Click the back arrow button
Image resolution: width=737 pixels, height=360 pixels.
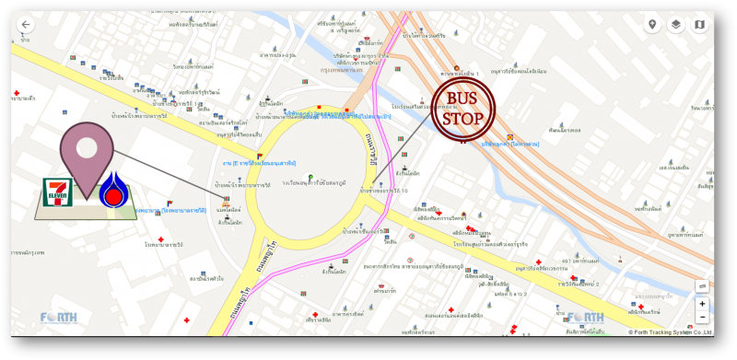[x=25, y=25]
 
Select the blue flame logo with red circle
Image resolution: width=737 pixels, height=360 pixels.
[x=113, y=190]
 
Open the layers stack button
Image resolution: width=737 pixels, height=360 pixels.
[x=676, y=25]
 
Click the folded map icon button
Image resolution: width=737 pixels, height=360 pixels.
[x=699, y=25]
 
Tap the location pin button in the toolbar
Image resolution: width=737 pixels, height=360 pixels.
[x=653, y=25]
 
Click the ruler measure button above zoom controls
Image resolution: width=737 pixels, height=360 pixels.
[x=702, y=286]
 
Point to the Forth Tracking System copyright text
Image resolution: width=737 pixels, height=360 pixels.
[x=670, y=331]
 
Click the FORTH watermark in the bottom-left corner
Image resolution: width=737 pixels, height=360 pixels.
[x=59, y=319]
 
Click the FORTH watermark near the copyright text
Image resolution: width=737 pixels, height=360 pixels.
[x=586, y=319]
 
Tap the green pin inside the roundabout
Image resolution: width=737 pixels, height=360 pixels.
[x=310, y=176]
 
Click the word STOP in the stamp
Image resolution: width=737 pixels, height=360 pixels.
[x=463, y=119]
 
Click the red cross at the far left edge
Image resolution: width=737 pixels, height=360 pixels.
[x=17, y=94]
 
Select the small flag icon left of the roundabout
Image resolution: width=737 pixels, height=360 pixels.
[x=261, y=156]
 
